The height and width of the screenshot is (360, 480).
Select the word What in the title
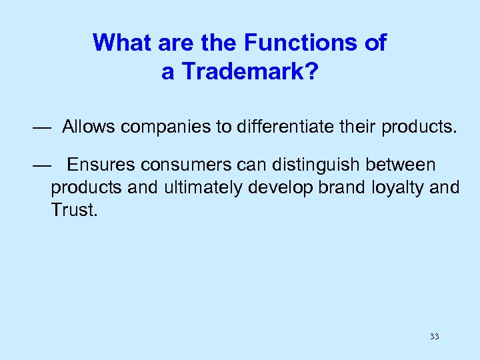click(118, 43)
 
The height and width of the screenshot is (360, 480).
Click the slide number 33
click(434, 337)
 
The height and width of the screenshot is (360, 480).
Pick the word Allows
click(90, 128)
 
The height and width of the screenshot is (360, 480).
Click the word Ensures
click(99, 164)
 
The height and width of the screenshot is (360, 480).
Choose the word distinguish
click(319, 164)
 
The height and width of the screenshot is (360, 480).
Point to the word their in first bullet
click(357, 128)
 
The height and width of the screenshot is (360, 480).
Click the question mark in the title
click(311, 72)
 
